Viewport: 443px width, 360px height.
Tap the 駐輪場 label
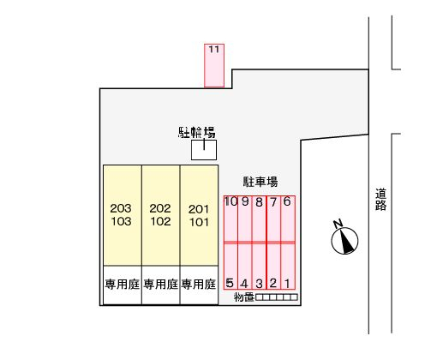(197, 133)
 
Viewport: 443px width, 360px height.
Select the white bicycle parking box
(204, 150)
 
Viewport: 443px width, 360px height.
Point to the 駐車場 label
(260, 182)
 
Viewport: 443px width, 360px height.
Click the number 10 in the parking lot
(230, 201)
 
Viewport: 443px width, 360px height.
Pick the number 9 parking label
(245, 201)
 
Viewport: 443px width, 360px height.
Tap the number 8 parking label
(259, 202)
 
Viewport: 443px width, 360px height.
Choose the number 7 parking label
(273, 202)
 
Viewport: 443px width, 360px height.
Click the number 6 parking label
(287, 201)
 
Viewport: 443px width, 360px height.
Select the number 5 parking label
(230, 283)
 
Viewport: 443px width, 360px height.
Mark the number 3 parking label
(259, 284)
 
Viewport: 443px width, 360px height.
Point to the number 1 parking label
(287, 284)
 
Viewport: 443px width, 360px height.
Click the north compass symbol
(344, 238)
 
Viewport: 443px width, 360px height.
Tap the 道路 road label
(380, 200)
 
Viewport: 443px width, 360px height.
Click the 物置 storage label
(244, 297)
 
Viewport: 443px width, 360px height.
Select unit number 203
(121, 208)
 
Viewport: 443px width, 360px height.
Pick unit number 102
(160, 221)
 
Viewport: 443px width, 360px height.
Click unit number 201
(199, 209)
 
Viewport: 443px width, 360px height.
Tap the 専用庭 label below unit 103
(123, 285)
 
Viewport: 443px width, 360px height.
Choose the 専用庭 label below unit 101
(199, 285)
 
